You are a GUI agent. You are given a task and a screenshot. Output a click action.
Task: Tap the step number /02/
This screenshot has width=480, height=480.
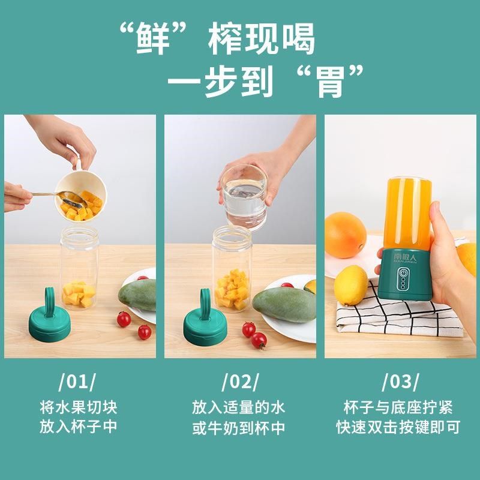click(240, 382)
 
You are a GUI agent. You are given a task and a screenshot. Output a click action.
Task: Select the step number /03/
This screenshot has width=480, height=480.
click(400, 382)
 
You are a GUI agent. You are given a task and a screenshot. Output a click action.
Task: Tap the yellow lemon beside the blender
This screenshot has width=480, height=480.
click(350, 284)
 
